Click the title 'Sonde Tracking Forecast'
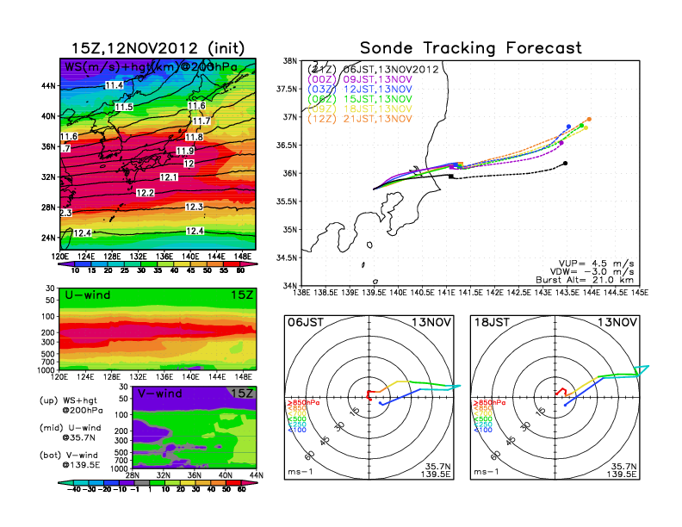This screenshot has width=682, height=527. point(470,47)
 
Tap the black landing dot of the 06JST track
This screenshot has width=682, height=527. point(565,163)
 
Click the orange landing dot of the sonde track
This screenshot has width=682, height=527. point(589,120)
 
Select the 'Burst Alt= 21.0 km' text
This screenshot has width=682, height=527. point(594,280)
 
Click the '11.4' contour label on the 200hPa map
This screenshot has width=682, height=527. point(113,85)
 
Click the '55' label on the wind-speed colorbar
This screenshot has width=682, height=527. point(228,270)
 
